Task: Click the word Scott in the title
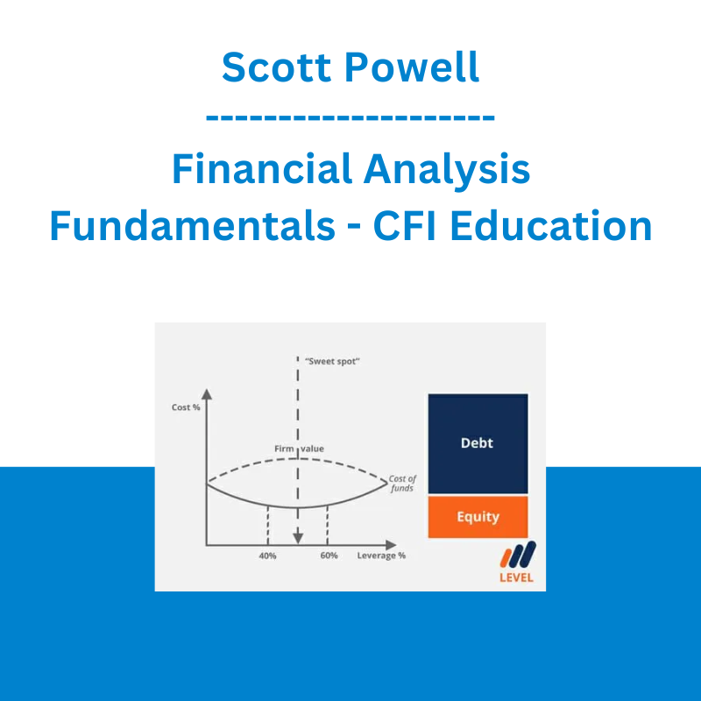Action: [x=276, y=67]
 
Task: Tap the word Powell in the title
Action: [x=412, y=67]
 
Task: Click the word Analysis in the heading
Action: [x=447, y=170]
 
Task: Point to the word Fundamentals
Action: [x=193, y=225]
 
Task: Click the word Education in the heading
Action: [x=551, y=225]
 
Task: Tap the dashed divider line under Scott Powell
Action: [x=350, y=117]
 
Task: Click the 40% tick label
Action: [x=267, y=556]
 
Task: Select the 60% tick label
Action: [x=329, y=556]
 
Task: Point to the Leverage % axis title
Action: [x=381, y=556]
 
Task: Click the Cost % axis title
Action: [x=186, y=407]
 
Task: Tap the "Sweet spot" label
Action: [x=332, y=361]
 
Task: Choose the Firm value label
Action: [x=299, y=449]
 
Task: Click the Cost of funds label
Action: [x=402, y=484]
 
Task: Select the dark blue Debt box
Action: [x=478, y=443]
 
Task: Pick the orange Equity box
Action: [x=478, y=517]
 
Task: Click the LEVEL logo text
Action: [x=516, y=577]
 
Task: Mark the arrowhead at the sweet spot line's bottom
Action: [x=298, y=538]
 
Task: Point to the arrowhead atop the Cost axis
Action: [x=207, y=393]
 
